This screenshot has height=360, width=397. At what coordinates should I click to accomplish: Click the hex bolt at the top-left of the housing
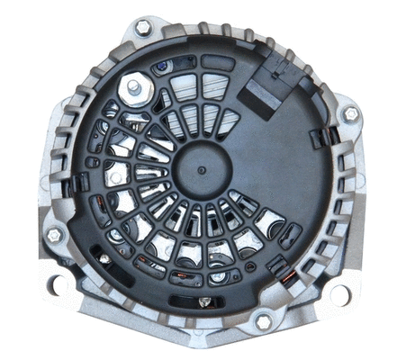pos(143,26)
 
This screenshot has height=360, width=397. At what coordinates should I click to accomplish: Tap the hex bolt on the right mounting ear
pos(350,114)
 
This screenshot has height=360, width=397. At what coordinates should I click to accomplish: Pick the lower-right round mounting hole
pos(339,293)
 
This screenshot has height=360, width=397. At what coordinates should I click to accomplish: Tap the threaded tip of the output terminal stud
pos(133,86)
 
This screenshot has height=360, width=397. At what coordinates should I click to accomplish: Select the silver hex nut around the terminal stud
pos(135,89)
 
